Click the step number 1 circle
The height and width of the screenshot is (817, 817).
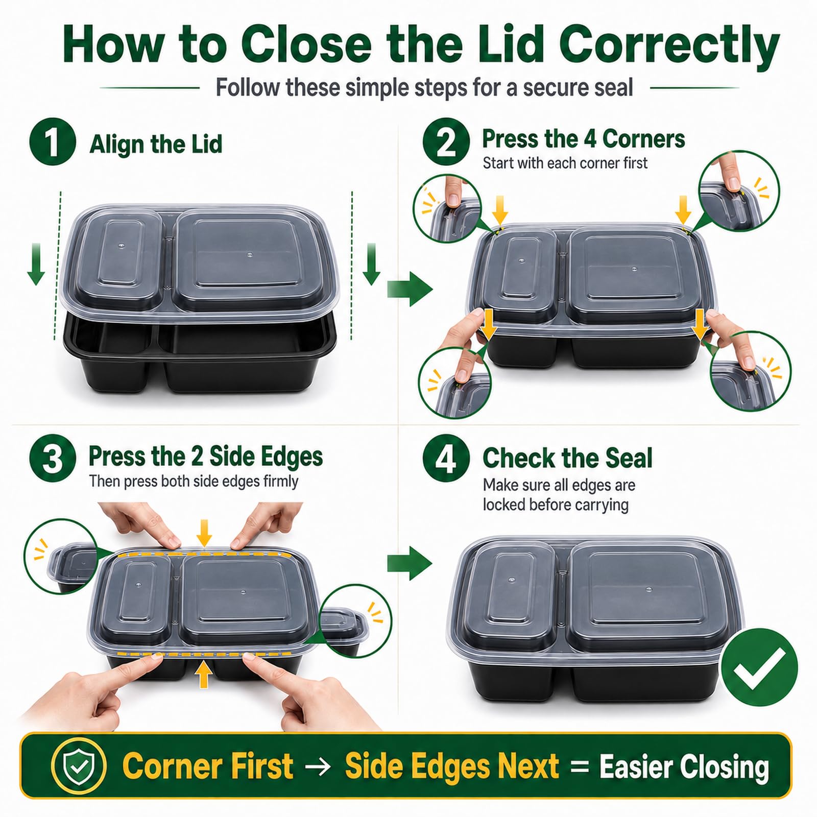tap(53, 141)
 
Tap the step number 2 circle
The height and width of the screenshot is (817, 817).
tap(446, 141)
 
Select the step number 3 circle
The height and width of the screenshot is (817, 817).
tap(53, 458)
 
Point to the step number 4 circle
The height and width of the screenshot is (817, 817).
tap(446, 458)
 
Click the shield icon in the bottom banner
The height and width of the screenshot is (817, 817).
tap(79, 766)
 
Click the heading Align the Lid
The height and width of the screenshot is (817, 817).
tap(156, 143)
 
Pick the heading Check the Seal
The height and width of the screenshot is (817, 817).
tap(567, 458)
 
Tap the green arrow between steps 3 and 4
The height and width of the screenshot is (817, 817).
tap(410, 564)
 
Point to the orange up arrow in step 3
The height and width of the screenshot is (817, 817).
tap(204, 675)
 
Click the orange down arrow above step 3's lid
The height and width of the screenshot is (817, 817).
tap(205, 532)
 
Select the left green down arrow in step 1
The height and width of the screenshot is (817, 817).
tap(36, 263)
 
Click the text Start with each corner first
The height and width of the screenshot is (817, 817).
tap(565, 163)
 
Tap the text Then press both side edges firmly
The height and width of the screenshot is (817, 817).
tap(194, 482)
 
